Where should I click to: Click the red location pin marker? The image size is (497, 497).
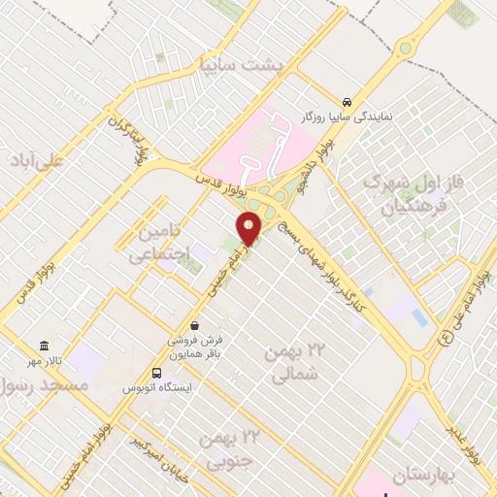pos(249,229)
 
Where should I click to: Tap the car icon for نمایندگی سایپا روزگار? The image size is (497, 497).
pos(347,101)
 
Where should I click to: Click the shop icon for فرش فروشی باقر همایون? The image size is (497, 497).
pos(196,326)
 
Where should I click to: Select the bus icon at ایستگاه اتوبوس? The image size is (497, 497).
pos(157,373)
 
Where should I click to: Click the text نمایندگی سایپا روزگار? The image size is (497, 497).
pos(354,116)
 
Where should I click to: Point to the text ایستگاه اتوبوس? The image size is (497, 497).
pos(157,387)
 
